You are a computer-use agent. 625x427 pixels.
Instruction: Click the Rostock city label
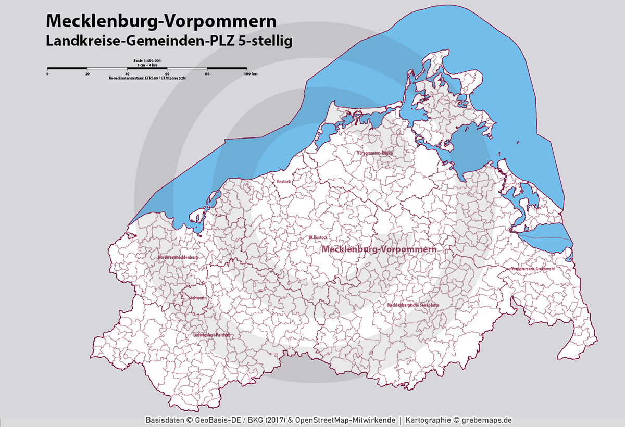point(284,182)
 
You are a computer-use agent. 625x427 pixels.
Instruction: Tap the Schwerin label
point(199,298)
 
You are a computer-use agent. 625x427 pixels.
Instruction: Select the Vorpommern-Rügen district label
point(375,154)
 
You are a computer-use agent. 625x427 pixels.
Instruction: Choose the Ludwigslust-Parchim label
point(211,335)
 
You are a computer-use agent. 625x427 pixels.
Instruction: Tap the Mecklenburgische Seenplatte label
point(413,305)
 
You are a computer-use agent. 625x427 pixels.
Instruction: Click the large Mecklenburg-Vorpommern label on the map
point(379,249)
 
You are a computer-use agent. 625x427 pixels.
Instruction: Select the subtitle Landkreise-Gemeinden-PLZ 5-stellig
point(169,41)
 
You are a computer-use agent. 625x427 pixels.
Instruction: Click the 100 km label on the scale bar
point(251,74)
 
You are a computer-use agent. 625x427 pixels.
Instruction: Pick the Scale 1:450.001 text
point(147,61)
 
